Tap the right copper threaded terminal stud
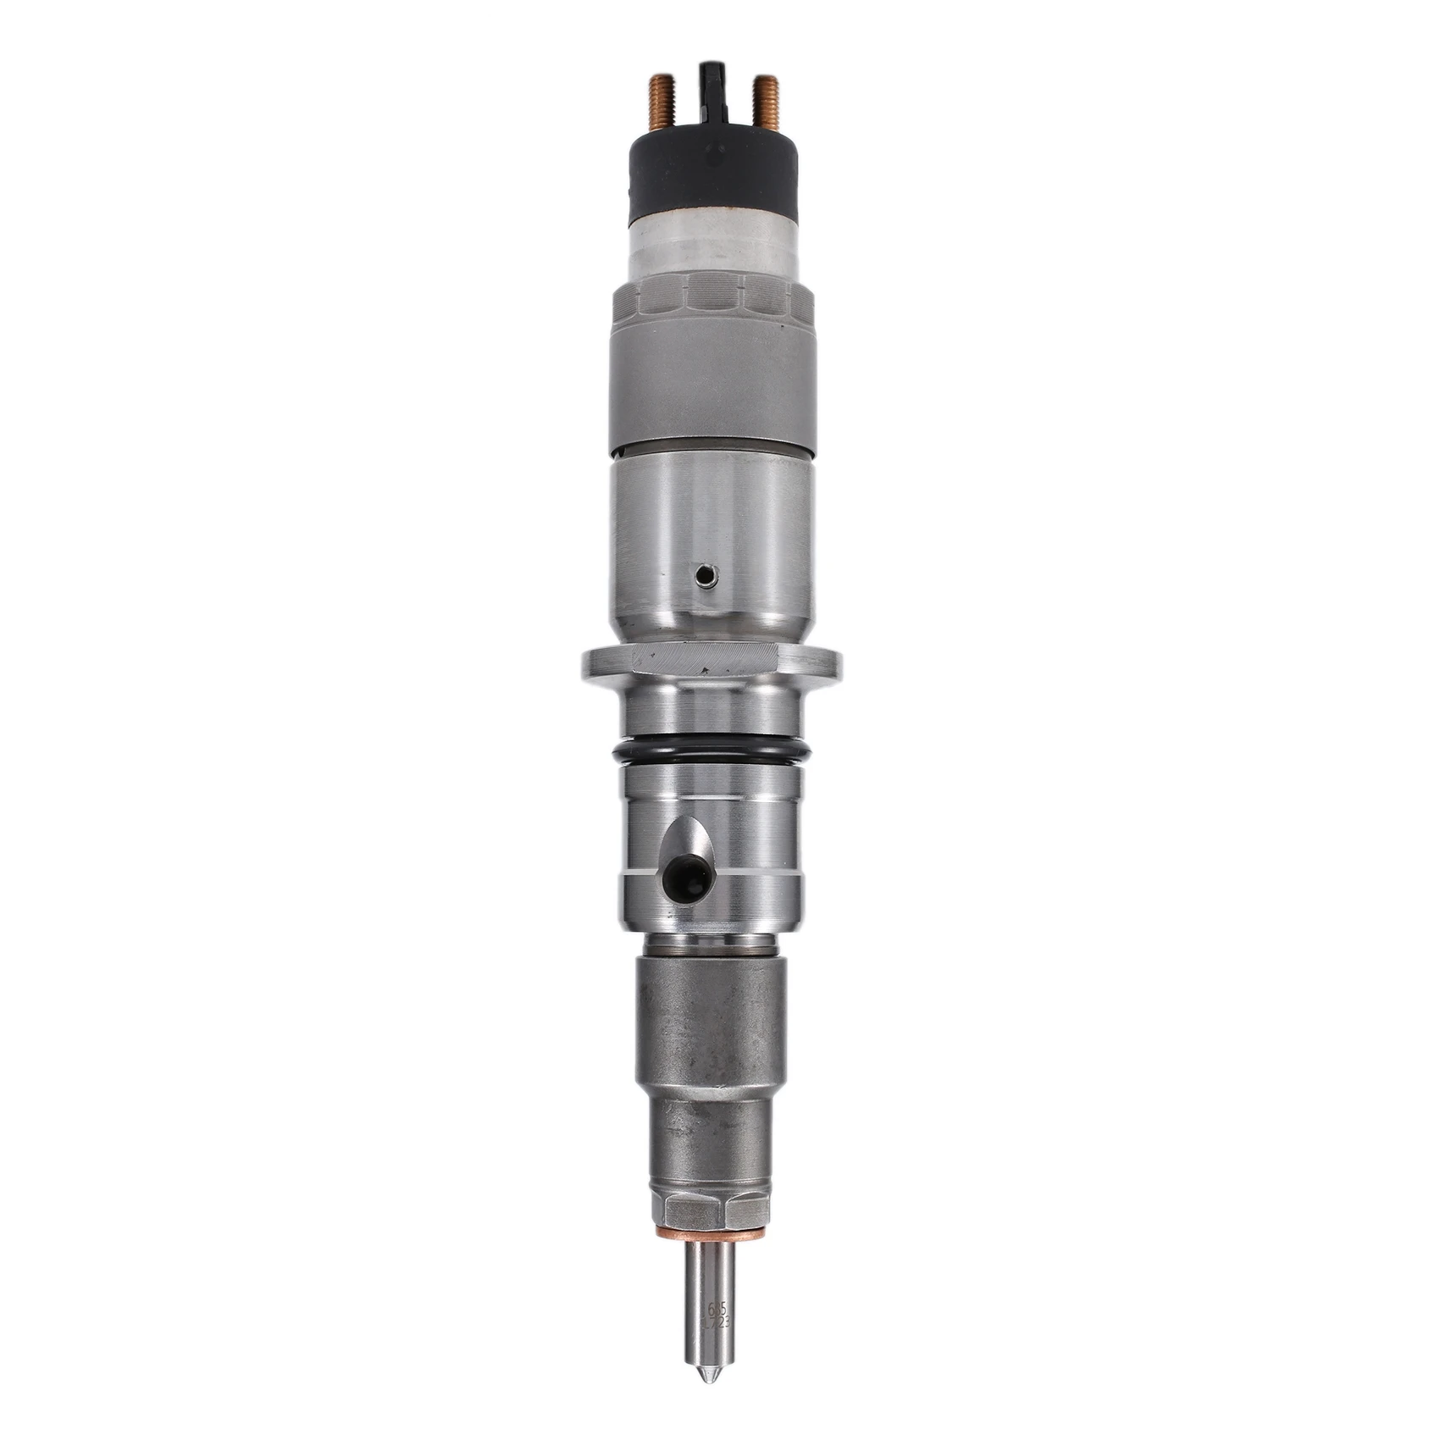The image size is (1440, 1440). [770, 110]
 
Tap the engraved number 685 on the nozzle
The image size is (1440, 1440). [715, 1299]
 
